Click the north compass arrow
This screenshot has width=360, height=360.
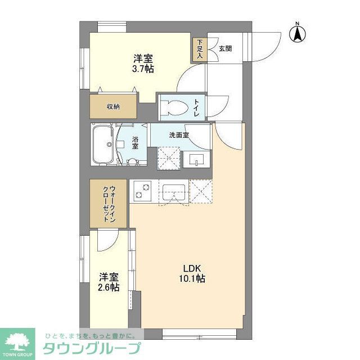[298, 34]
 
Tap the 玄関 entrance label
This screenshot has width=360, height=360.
[224, 49]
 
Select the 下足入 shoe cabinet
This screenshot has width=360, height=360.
[200, 49]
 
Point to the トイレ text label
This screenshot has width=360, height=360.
[197, 106]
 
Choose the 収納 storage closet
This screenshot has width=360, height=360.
[113, 107]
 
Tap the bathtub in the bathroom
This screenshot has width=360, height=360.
[104, 145]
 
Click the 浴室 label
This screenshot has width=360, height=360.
[136, 142]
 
